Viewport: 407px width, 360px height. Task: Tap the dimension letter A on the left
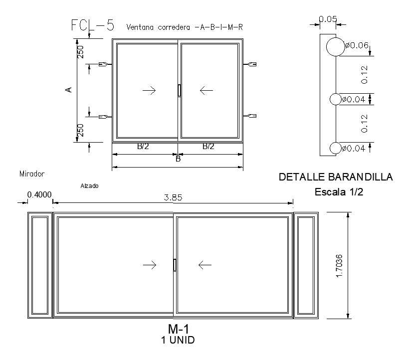(x=69, y=90)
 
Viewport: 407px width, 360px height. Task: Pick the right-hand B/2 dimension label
(x=208, y=147)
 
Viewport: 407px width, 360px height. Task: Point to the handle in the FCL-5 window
(x=179, y=90)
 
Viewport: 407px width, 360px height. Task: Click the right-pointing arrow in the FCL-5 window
(x=149, y=90)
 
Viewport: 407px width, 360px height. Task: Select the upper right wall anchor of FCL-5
(x=251, y=64)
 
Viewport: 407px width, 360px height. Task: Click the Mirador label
(x=32, y=174)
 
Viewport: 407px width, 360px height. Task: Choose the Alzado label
(x=89, y=185)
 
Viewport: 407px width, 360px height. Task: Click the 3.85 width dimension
(x=173, y=197)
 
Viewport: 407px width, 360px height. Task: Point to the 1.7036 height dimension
(x=340, y=265)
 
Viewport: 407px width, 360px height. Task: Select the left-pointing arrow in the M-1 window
(x=205, y=265)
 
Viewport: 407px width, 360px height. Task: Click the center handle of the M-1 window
(x=175, y=265)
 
